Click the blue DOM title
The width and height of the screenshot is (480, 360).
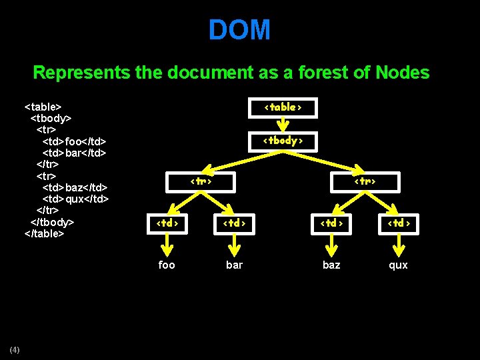239,30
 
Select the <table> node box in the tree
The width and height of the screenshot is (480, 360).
283,107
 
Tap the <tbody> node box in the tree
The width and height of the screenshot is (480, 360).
283,141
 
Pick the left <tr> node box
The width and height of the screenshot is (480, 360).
201,181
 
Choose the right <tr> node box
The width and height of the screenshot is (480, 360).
365,181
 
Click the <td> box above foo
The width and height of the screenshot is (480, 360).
167,223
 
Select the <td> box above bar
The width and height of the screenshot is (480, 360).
233,223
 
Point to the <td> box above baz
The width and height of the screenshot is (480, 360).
331,223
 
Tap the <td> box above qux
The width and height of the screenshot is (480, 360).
399,223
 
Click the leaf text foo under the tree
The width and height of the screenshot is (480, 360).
167,265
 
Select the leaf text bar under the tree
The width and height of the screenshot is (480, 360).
234,265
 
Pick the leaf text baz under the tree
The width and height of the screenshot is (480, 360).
331,265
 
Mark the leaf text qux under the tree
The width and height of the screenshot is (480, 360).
398,265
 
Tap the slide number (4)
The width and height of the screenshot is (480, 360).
15,350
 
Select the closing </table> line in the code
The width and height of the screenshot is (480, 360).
44,233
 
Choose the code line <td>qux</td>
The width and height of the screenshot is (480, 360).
75,199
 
